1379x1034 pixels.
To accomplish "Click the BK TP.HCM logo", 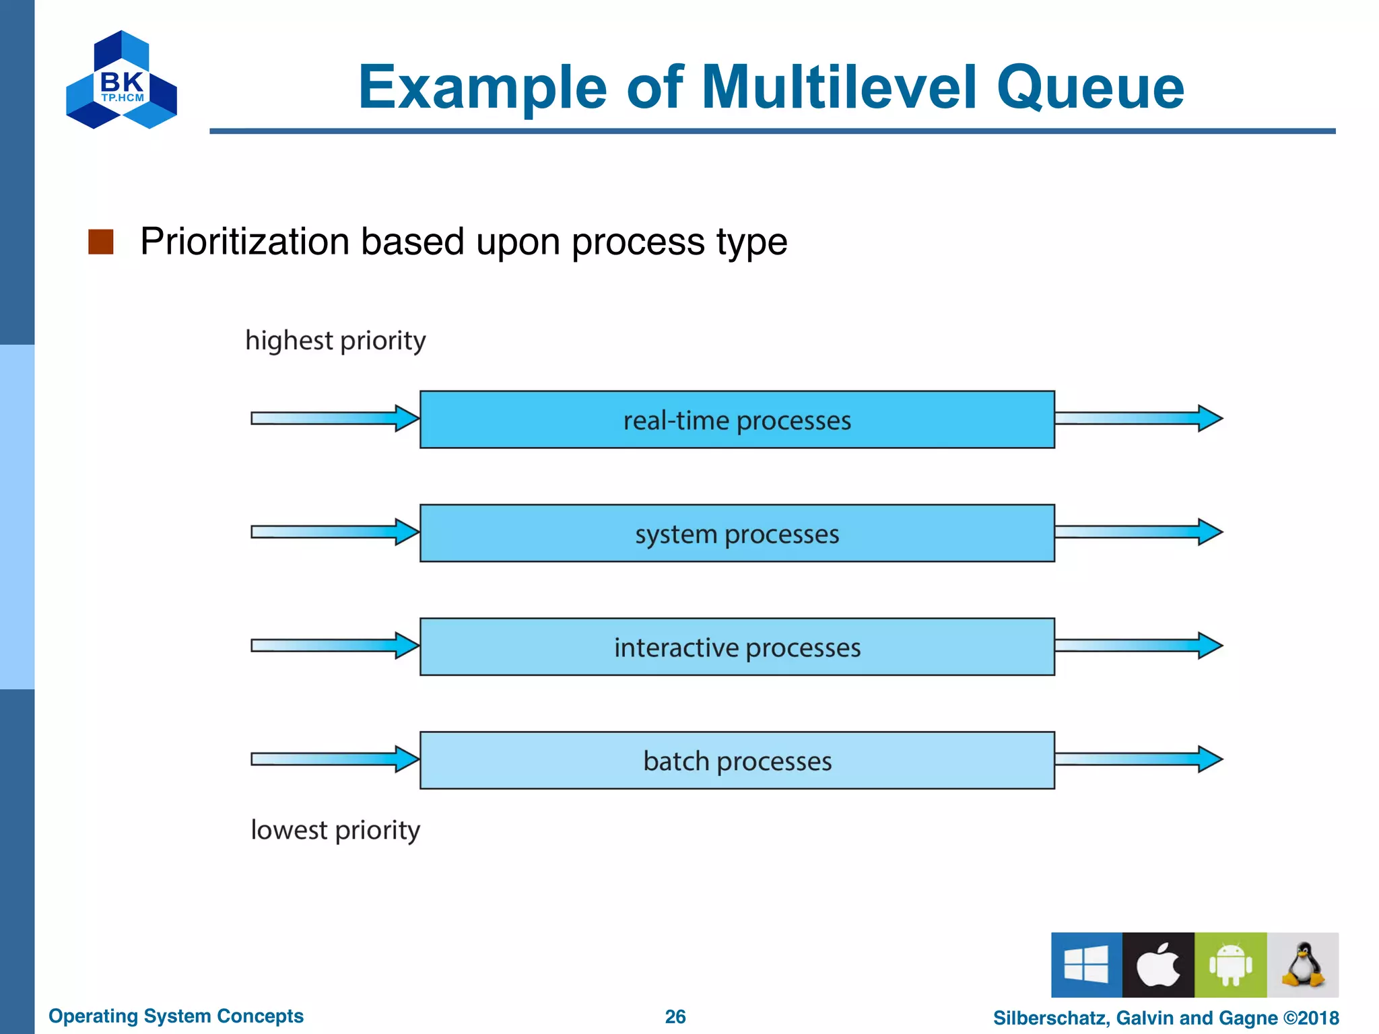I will (x=121, y=81).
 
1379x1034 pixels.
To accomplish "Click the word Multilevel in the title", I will (x=838, y=88).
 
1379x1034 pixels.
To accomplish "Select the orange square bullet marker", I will (x=101, y=242).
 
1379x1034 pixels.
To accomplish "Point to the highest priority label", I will (x=335, y=341).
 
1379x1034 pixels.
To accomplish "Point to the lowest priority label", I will (x=335, y=829).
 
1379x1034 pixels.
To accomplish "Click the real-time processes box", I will (x=737, y=419).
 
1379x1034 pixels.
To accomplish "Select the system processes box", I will (x=737, y=533).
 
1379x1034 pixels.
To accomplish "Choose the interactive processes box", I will (x=737, y=647).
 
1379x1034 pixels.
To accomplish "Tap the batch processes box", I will (x=737, y=760).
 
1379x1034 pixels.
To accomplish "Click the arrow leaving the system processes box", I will (x=1138, y=532).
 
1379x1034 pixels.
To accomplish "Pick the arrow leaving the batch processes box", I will (x=1138, y=759).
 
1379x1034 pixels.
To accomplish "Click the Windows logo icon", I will (x=1086, y=965).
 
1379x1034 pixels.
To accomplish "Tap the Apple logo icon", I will (x=1158, y=965).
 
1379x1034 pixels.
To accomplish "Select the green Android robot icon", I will (x=1230, y=965).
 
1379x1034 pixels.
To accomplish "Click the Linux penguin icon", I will (x=1303, y=965).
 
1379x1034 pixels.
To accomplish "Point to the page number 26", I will (x=675, y=1016).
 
